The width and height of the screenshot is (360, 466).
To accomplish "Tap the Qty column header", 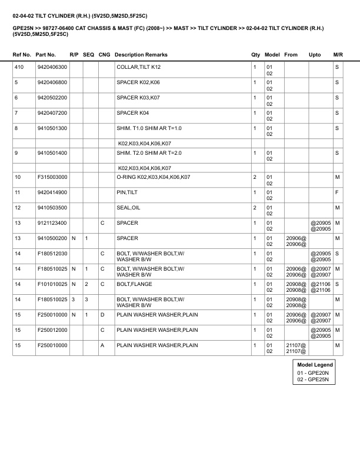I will (255, 55).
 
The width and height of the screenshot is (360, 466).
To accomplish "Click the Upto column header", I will (315, 55).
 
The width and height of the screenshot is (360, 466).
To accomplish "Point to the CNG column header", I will (104, 55).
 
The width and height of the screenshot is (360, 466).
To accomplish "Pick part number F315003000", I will (51, 177).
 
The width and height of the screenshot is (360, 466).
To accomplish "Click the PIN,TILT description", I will (127, 192).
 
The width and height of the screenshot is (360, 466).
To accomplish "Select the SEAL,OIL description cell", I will (128, 207).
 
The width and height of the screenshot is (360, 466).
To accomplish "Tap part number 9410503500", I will (51, 207).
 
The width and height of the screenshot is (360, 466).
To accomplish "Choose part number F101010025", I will (51, 284).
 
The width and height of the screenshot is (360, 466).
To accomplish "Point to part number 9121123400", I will (51, 222).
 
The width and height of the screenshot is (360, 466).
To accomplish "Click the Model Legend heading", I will (315, 365).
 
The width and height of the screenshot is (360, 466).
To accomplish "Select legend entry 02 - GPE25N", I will (312, 380).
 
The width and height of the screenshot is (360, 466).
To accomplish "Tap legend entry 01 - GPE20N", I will (312, 372).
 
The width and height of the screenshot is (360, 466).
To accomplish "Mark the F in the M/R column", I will (337, 192).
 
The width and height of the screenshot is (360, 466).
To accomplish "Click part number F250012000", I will (51, 329).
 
